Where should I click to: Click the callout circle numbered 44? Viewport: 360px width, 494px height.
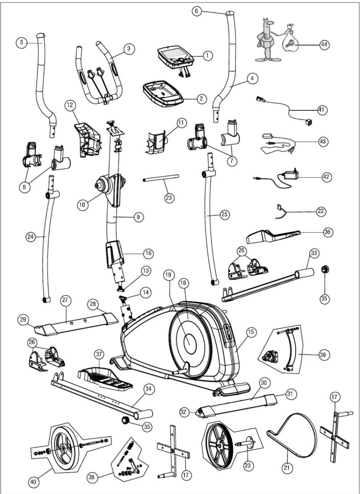pos(324,45)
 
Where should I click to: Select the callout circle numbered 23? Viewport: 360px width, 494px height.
pos(169,198)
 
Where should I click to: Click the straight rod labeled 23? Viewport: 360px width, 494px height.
pos(161,178)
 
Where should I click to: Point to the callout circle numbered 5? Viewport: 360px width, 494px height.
pos(22,43)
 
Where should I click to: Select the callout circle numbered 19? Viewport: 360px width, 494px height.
pos(169,275)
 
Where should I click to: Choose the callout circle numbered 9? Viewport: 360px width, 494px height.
pos(138,217)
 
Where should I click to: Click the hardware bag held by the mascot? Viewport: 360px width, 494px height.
pos(290,40)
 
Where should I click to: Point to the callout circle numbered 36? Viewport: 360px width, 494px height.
pos(327,232)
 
